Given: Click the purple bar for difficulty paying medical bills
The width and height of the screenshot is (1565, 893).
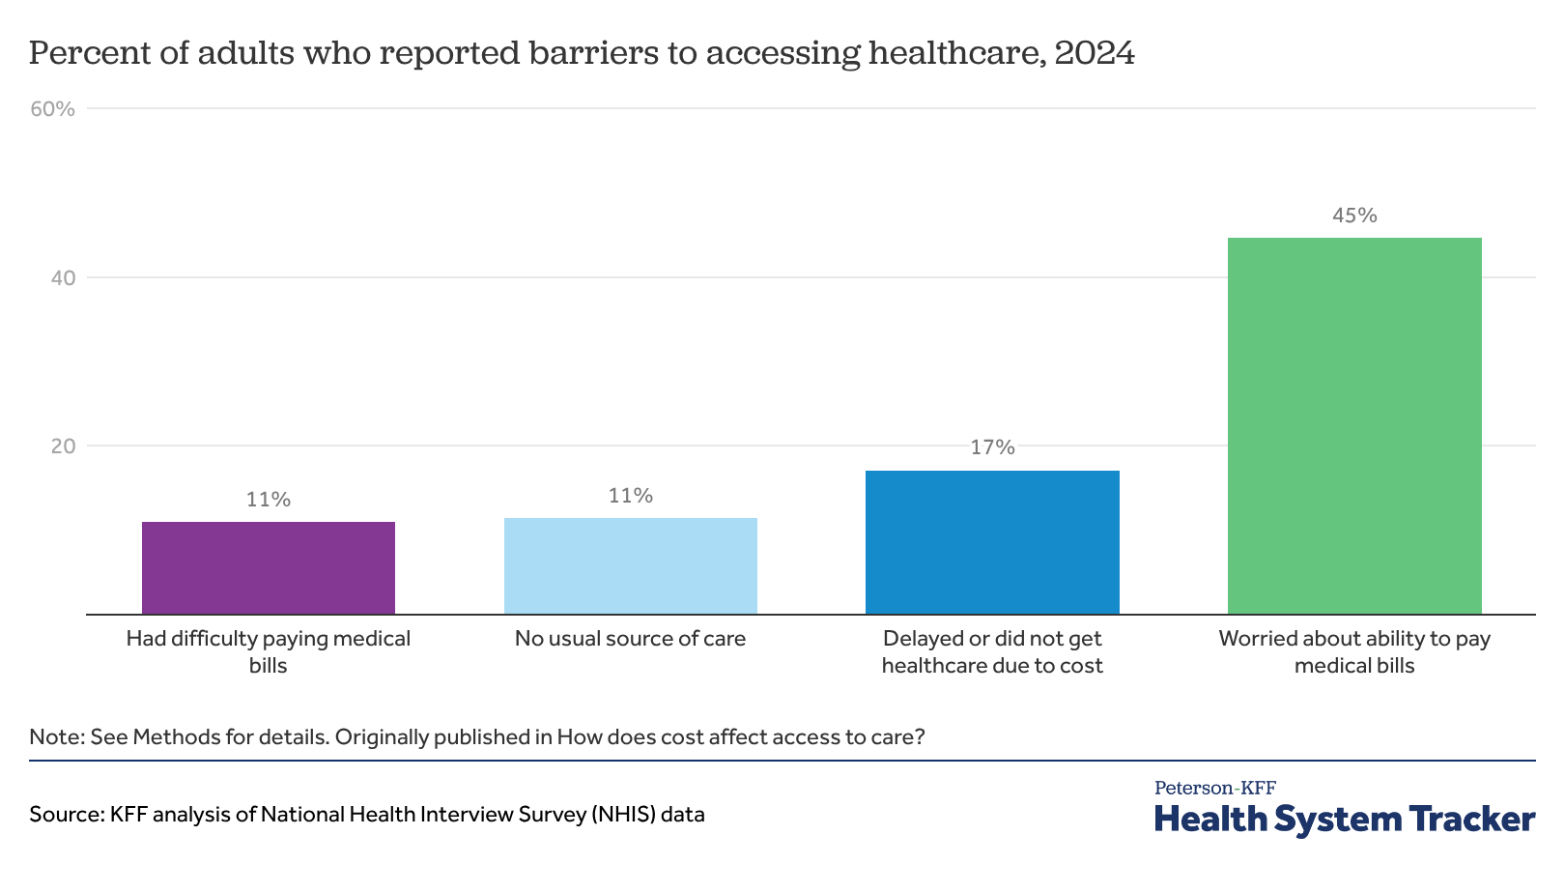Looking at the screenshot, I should coord(269,568).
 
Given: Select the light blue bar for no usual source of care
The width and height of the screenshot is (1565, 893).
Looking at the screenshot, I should coord(631,566).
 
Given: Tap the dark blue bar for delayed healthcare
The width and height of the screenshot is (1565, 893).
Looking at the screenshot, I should coord(992,542).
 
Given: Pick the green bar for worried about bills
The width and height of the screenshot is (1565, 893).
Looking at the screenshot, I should coord(1354,426).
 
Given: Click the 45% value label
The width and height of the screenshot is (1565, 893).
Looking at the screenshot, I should coord(1354,216).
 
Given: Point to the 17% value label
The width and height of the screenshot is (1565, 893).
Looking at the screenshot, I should coord(992,447).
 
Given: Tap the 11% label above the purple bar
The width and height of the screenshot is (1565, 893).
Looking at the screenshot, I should coord(269,500).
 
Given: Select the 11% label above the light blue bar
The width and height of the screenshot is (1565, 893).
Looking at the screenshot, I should coord(631,496).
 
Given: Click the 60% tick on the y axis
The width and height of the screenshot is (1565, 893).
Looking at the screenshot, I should coord(53,108).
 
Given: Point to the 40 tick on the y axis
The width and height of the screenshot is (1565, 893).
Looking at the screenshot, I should coord(63,277).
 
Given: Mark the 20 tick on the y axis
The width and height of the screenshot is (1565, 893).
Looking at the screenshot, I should coord(63,446).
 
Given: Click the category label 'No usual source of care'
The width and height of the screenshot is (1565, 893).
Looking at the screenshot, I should coord(631,639).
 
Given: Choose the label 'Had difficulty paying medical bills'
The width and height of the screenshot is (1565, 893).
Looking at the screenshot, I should coord(269,651).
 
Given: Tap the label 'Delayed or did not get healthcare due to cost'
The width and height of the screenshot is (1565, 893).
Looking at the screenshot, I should coord(992,651).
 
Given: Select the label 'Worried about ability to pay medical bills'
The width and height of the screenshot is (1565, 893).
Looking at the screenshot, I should coord(1354,651).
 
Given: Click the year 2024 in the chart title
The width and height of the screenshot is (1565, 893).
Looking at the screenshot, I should coord(1095,53).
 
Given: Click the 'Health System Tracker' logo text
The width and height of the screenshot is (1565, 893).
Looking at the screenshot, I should coord(1344,819).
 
